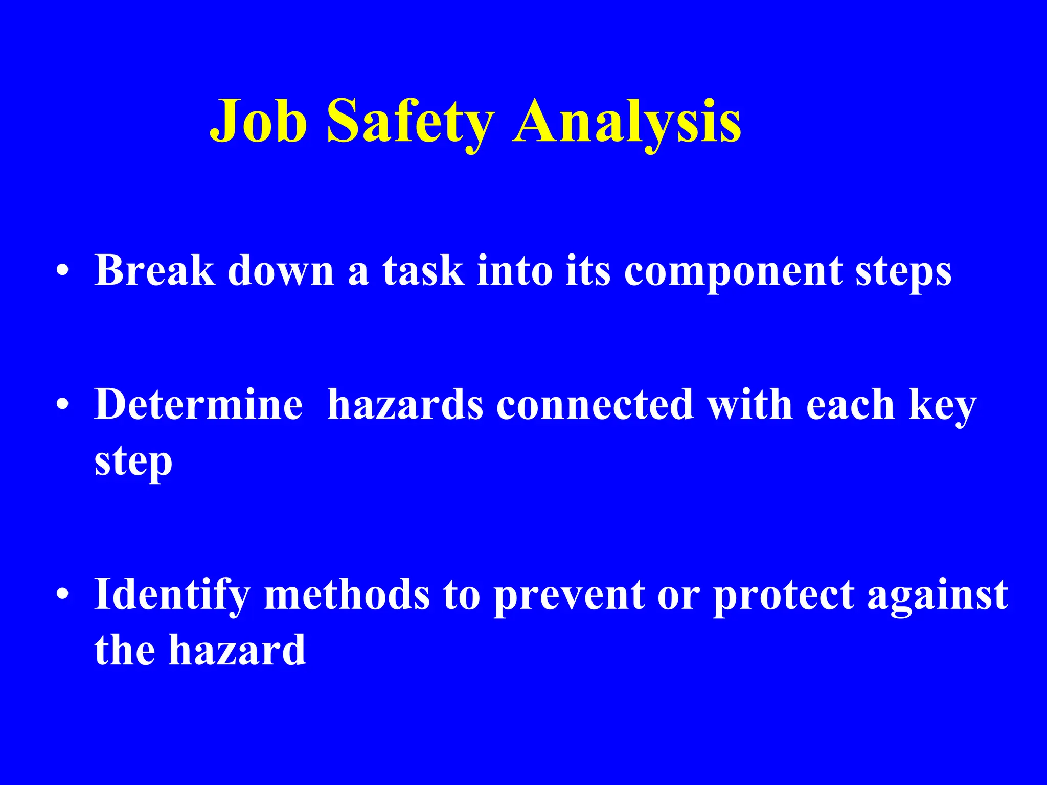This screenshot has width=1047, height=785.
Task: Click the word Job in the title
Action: pyautogui.click(x=259, y=122)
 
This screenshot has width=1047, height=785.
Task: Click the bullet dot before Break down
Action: pyautogui.click(x=62, y=271)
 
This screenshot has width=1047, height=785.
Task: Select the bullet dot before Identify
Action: pyautogui.click(x=62, y=594)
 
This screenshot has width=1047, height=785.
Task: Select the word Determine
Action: pyautogui.click(x=198, y=404)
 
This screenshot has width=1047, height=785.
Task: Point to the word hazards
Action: pyautogui.click(x=405, y=404)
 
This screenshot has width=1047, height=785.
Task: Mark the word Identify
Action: pyautogui.click(x=172, y=594)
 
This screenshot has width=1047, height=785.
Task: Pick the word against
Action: pyautogui.click(x=938, y=594)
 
